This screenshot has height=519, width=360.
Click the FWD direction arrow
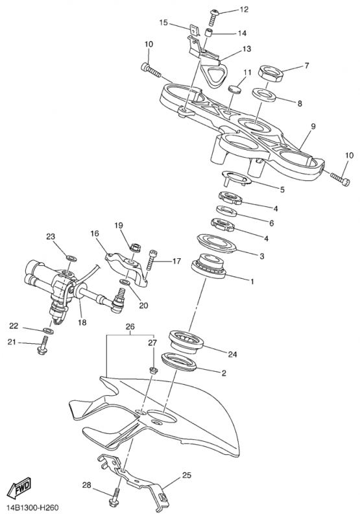pyautogui.click(x=19, y=489)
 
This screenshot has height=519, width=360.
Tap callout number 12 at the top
pyautogui.click(x=244, y=9)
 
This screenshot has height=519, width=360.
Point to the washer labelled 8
pyautogui.click(x=265, y=94)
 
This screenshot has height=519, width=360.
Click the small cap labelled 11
pyautogui.click(x=235, y=89)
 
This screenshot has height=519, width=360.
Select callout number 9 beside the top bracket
pyautogui.click(x=313, y=126)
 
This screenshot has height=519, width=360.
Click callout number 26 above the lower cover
pyautogui.click(x=130, y=327)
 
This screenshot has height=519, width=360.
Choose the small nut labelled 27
pyautogui.click(x=153, y=370)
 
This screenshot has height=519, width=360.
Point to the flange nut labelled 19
pyautogui.click(x=136, y=247)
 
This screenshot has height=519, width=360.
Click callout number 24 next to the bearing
pyautogui.click(x=233, y=354)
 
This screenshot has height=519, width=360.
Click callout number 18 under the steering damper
pyautogui.click(x=82, y=322)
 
